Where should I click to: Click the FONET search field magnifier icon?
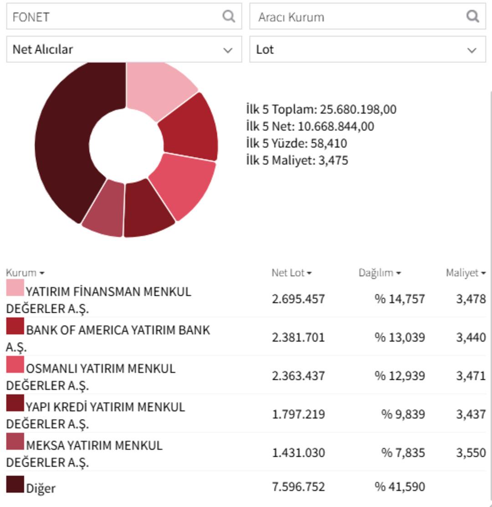[229, 16]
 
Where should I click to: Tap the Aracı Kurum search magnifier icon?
[473, 16]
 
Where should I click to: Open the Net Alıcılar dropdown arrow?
[228, 50]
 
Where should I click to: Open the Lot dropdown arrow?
[472, 50]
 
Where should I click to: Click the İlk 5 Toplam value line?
[321, 109]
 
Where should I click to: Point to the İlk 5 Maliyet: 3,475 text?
[297, 160]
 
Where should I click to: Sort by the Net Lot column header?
[291, 273]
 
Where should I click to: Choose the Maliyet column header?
[465, 273]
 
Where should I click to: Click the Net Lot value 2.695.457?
[298, 299]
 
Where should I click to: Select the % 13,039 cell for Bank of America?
[400, 337]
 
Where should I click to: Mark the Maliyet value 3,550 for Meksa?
[471, 453]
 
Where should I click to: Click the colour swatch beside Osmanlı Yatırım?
[15, 365]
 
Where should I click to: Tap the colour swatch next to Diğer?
[15, 484]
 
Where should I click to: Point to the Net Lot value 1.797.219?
[298, 414]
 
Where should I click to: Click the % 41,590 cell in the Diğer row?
[400, 486]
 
